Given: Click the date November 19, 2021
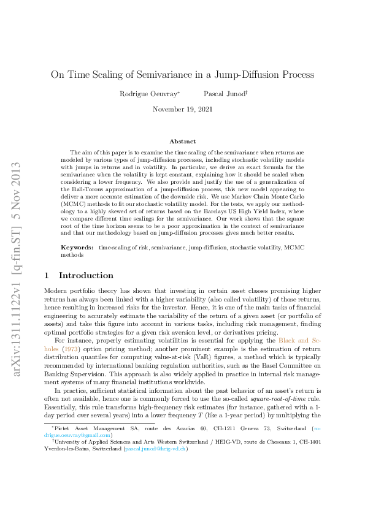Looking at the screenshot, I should (182, 109).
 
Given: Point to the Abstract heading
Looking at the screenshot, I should (182, 142).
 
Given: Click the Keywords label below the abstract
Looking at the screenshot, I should (77, 247).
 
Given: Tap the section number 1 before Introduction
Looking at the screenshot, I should (48, 275).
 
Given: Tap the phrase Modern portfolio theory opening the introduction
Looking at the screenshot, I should (80, 290).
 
